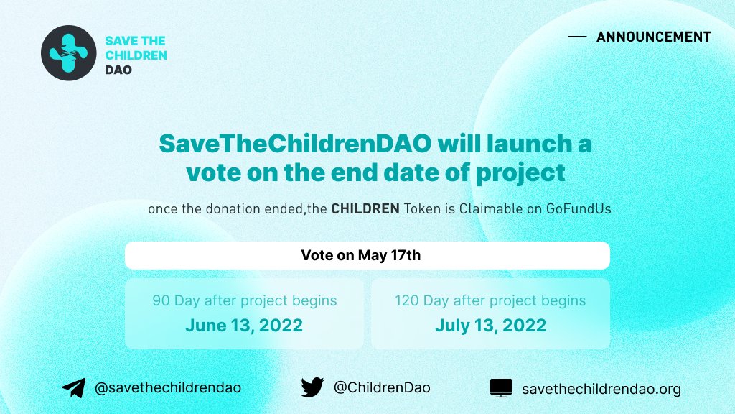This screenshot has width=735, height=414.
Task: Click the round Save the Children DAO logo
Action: click(68, 53)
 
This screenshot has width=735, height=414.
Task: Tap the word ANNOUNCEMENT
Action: click(653, 37)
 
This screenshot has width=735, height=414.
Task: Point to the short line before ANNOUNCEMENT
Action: click(577, 37)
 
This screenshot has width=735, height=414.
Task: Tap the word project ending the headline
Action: click(522, 173)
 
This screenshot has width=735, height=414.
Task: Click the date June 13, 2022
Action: click(244, 326)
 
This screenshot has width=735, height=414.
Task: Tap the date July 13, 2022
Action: click(490, 326)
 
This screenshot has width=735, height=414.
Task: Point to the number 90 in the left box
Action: click(161, 300)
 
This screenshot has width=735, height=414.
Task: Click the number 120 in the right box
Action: click(407, 300)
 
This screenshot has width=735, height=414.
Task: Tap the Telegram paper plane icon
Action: click(73, 388)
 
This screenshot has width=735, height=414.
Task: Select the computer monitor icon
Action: click(501, 388)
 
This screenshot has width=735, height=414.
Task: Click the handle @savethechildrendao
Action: click(168, 387)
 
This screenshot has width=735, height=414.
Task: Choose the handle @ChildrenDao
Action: click(382, 387)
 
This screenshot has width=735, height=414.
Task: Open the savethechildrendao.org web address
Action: click(601, 389)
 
